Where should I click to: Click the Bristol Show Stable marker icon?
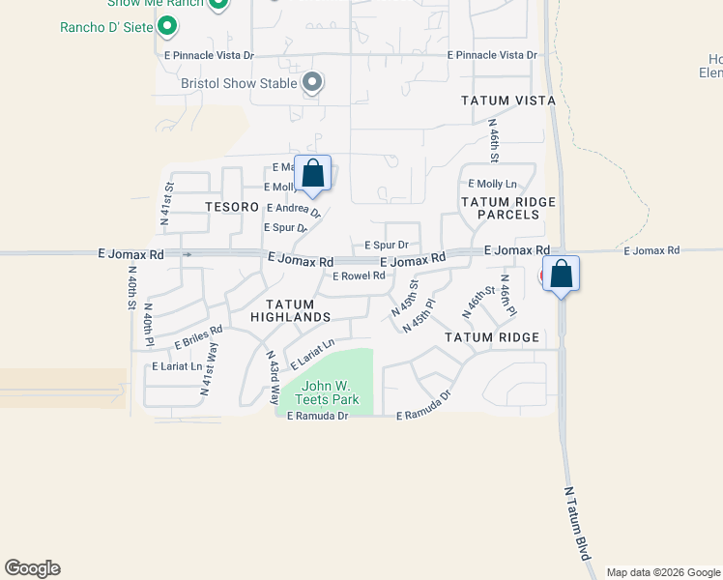click(x=311, y=83)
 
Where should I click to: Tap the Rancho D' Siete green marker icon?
click(x=168, y=27)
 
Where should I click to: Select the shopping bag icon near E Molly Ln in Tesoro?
click(x=312, y=174)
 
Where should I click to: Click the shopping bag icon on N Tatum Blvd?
click(x=561, y=274)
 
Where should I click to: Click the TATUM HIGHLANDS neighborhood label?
click(x=291, y=310)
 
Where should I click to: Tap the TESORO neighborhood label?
click(x=233, y=207)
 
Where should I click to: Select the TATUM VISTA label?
click(x=507, y=101)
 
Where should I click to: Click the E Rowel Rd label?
click(x=359, y=275)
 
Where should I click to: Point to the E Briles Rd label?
click(x=198, y=337)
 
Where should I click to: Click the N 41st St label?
click(x=167, y=204)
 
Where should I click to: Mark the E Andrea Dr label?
click(x=292, y=209)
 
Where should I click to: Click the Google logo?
click(x=32, y=568)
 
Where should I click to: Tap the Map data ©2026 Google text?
click(x=662, y=572)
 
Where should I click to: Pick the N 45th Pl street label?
click(x=419, y=316)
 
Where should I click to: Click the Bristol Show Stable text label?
click(x=239, y=83)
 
